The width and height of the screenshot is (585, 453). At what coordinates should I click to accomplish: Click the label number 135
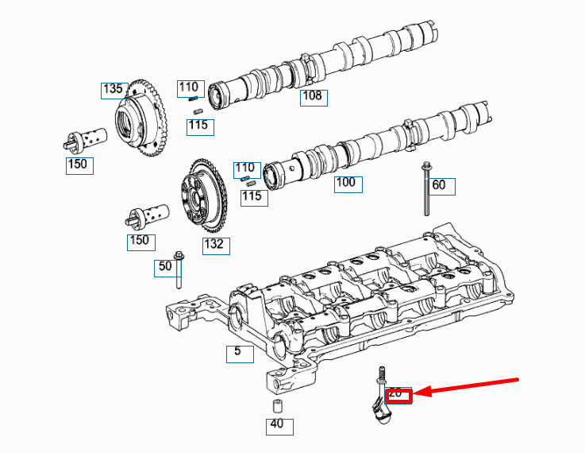(x=114, y=89)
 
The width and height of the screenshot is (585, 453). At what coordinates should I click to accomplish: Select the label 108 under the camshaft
(x=314, y=97)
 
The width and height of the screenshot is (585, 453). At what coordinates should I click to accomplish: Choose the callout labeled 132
(x=214, y=245)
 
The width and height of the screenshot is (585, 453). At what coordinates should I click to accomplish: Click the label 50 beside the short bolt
(x=165, y=267)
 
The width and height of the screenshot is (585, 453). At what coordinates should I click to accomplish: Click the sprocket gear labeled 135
(x=143, y=119)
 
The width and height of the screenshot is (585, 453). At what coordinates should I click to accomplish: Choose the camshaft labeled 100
(x=373, y=143)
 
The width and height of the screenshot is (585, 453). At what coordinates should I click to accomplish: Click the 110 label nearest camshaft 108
(x=189, y=87)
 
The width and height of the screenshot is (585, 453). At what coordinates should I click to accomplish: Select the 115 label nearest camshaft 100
(x=252, y=196)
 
